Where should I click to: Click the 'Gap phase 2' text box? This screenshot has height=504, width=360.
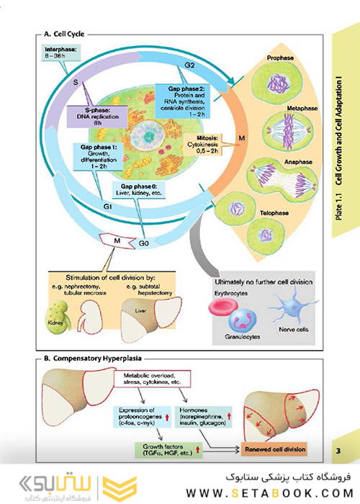184,100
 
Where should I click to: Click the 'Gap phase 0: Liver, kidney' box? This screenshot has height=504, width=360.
138,189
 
